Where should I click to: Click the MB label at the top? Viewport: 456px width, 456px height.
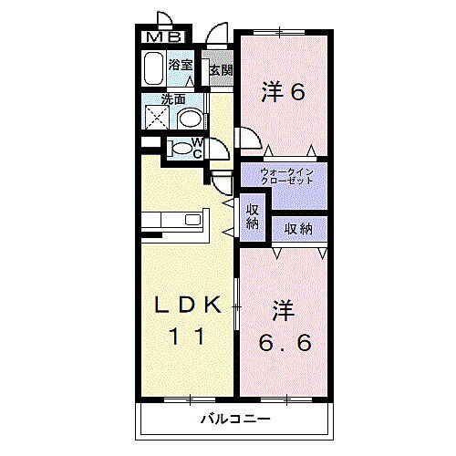coord(167,37)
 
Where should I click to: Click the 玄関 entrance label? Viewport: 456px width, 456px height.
coord(221,69)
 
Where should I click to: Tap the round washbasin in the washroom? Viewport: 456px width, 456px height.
coord(190,119)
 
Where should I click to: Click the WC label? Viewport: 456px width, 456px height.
coord(197,149)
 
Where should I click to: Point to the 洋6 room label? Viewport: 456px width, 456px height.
coord(282,91)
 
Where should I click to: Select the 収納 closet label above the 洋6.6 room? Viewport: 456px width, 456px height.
coord(298,229)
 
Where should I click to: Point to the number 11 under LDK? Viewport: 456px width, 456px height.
coord(188,337)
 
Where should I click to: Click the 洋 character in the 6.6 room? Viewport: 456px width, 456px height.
coord(283,310)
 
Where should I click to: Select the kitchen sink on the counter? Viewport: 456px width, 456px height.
coord(192,220)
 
